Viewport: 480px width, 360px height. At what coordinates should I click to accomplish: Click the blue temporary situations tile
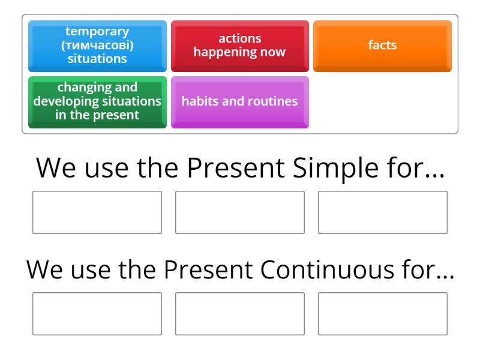(97, 46)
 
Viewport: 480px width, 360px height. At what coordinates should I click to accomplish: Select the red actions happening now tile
(239, 46)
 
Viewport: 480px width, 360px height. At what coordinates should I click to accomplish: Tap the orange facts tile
(382, 46)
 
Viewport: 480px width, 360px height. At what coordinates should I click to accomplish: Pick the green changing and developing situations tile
(97, 101)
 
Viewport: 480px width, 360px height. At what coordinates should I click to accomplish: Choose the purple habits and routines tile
(239, 101)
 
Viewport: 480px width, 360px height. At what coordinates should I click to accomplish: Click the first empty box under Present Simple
(97, 212)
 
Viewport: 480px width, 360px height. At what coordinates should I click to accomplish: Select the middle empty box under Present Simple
(239, 212)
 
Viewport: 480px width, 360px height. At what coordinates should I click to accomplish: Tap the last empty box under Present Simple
(382, 212)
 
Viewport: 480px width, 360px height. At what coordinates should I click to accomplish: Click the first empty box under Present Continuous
(97, 313)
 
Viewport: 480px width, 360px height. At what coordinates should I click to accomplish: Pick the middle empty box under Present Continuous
(239, 313)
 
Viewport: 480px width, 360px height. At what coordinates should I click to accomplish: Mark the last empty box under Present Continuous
(382, 313)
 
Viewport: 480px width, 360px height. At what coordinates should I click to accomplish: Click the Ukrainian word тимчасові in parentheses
(97, 45)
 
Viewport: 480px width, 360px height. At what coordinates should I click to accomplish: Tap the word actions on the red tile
(239, 39)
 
